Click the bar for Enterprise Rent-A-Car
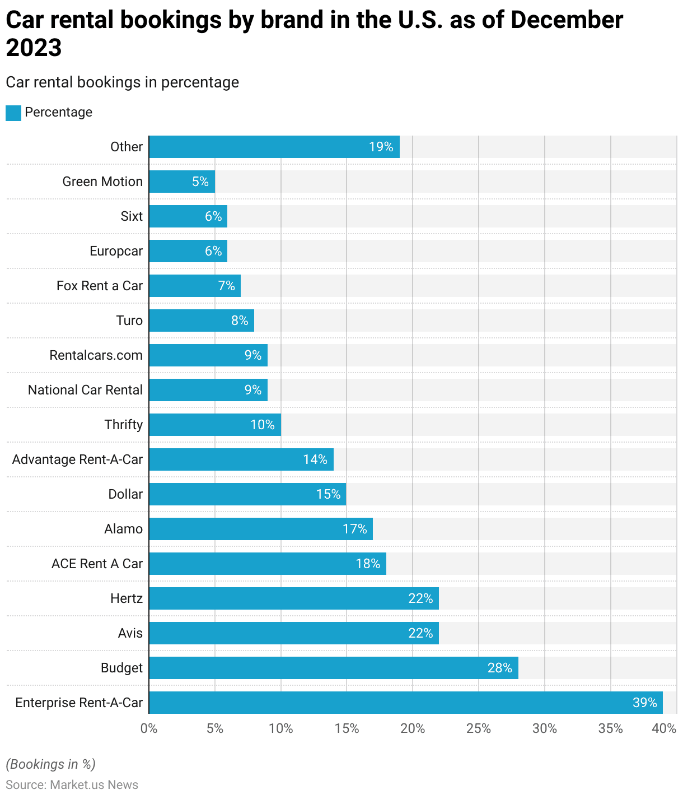(x=405, y=703)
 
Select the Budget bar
(x=333, y=668)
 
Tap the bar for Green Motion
(x=181, y=182)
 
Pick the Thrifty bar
(x=214, y=425)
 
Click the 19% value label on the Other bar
(x=381, y=147)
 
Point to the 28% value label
(x=499, y=668)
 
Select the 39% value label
(x=644, y=703)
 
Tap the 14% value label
(x=315, y=459)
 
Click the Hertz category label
(x=127, y=598)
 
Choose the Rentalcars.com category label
(x=96, y=355)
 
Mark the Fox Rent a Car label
(x=100, y=286)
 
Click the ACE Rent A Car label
(x=97, y=564)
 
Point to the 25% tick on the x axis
(x=479, y=728)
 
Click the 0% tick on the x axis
(x=149, y=728)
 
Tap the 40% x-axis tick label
(x=665, y=728)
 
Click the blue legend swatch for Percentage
(x=13, y=113)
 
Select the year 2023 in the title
(x=34, y=48)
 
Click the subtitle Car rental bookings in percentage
(x=122, y=82)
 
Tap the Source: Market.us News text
(x=72, y=784)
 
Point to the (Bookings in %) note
(x=50, y=764)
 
